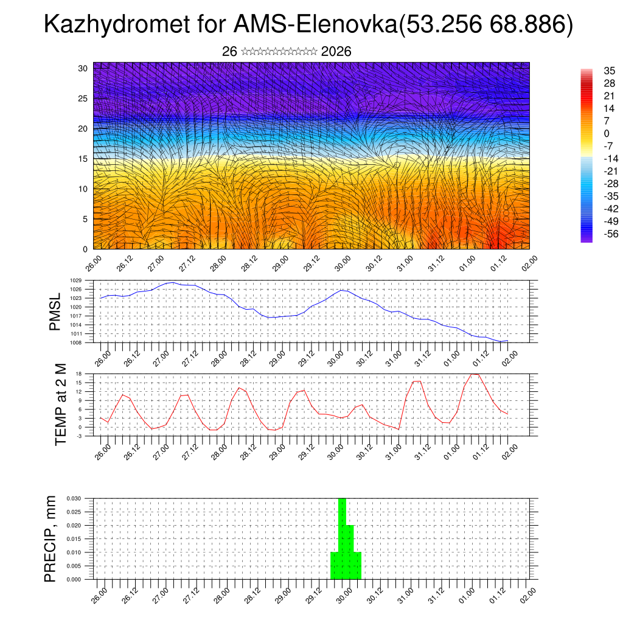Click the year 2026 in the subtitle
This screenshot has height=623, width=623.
tap(336, 52)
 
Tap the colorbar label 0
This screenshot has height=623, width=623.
tap(606, 133)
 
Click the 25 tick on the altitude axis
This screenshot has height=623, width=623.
tap(83, 99)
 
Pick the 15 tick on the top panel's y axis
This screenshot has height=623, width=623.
tap(83, 159)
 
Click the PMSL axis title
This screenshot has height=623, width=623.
tap(55, 311)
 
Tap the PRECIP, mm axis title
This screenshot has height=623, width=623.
tap(50, 538)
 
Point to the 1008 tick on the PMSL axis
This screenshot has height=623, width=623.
tap(76, 343)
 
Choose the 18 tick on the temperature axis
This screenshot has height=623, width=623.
tap(79, 373)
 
